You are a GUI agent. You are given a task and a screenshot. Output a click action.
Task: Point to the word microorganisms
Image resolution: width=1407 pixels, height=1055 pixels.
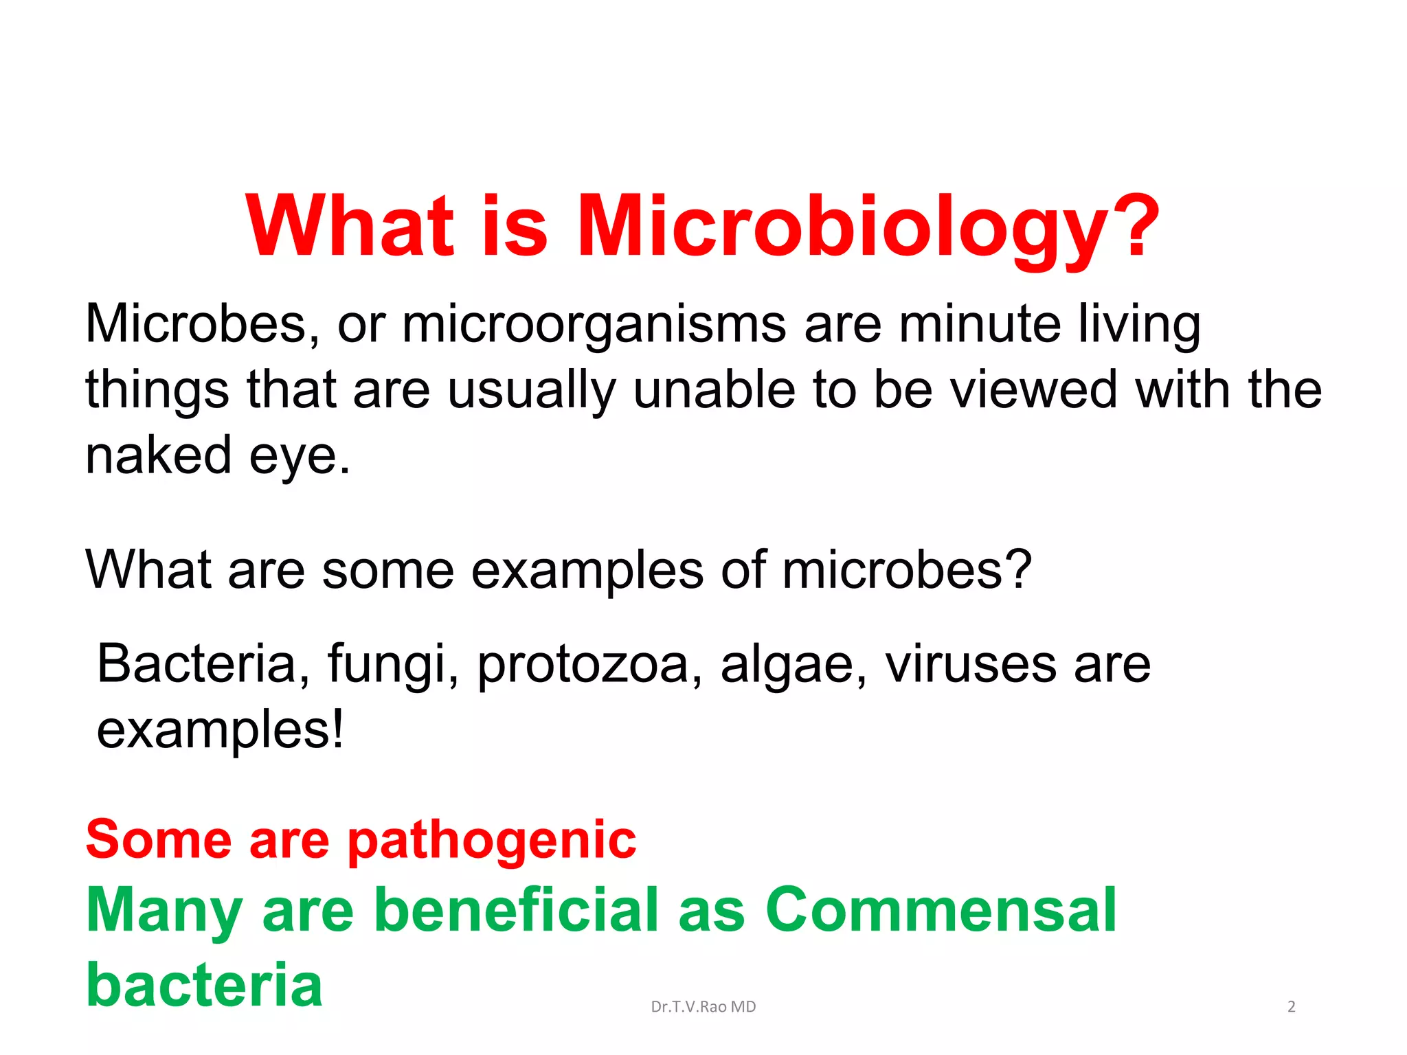[x=594, y=324]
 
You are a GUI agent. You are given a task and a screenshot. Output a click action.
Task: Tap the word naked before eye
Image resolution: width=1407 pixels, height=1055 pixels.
[x=158, y=455]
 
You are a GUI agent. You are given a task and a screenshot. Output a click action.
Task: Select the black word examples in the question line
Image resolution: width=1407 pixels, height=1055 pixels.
[x=587, y=570]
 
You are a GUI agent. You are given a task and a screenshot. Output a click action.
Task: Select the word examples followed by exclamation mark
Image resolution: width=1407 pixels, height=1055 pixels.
[x=220, y=731]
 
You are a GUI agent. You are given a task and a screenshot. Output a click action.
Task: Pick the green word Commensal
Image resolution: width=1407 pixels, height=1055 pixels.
[x=941, y=909]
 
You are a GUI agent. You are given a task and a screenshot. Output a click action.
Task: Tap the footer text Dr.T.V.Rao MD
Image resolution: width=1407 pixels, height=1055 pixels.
[x=703, y=1007]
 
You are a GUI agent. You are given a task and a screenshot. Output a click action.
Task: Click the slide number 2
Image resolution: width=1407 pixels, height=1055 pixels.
[x=1291, y=1007]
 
